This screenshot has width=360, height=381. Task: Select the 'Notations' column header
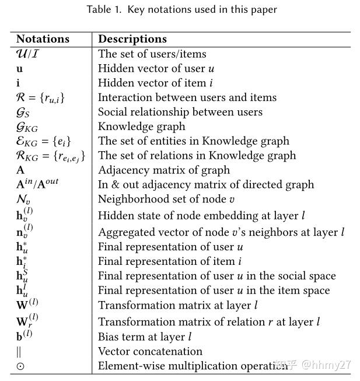click(x=43, y=40)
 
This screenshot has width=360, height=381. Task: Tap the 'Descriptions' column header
click(x=132, y=40)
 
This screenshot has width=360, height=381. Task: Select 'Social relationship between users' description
click(x=180, y=112)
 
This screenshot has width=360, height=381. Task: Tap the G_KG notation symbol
click(x=27, y=127)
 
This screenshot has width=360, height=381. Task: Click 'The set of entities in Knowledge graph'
click(x=193, y=141)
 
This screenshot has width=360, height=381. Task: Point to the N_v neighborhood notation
click(x=23, y=199)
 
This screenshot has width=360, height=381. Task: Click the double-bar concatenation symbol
click(x=19, y=352)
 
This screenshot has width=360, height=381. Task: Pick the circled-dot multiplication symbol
click(x=20, y=366)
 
